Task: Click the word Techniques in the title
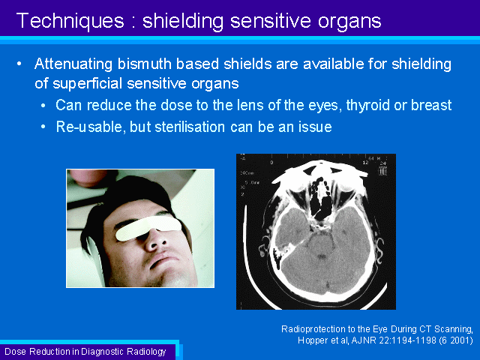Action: [70, 21]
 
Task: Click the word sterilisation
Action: [190, 127]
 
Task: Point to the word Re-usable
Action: [91, 127]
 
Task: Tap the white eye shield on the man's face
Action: [148, 228]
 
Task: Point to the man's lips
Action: [163, 260]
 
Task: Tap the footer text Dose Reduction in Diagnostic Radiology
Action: [85, 352]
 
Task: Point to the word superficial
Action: [87, 83]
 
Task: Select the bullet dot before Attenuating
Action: [19, 64]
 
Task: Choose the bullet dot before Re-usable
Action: [43, 127]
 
